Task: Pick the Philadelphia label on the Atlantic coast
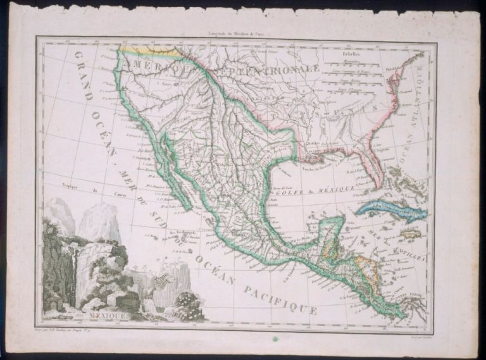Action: [x=411, y=63]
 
